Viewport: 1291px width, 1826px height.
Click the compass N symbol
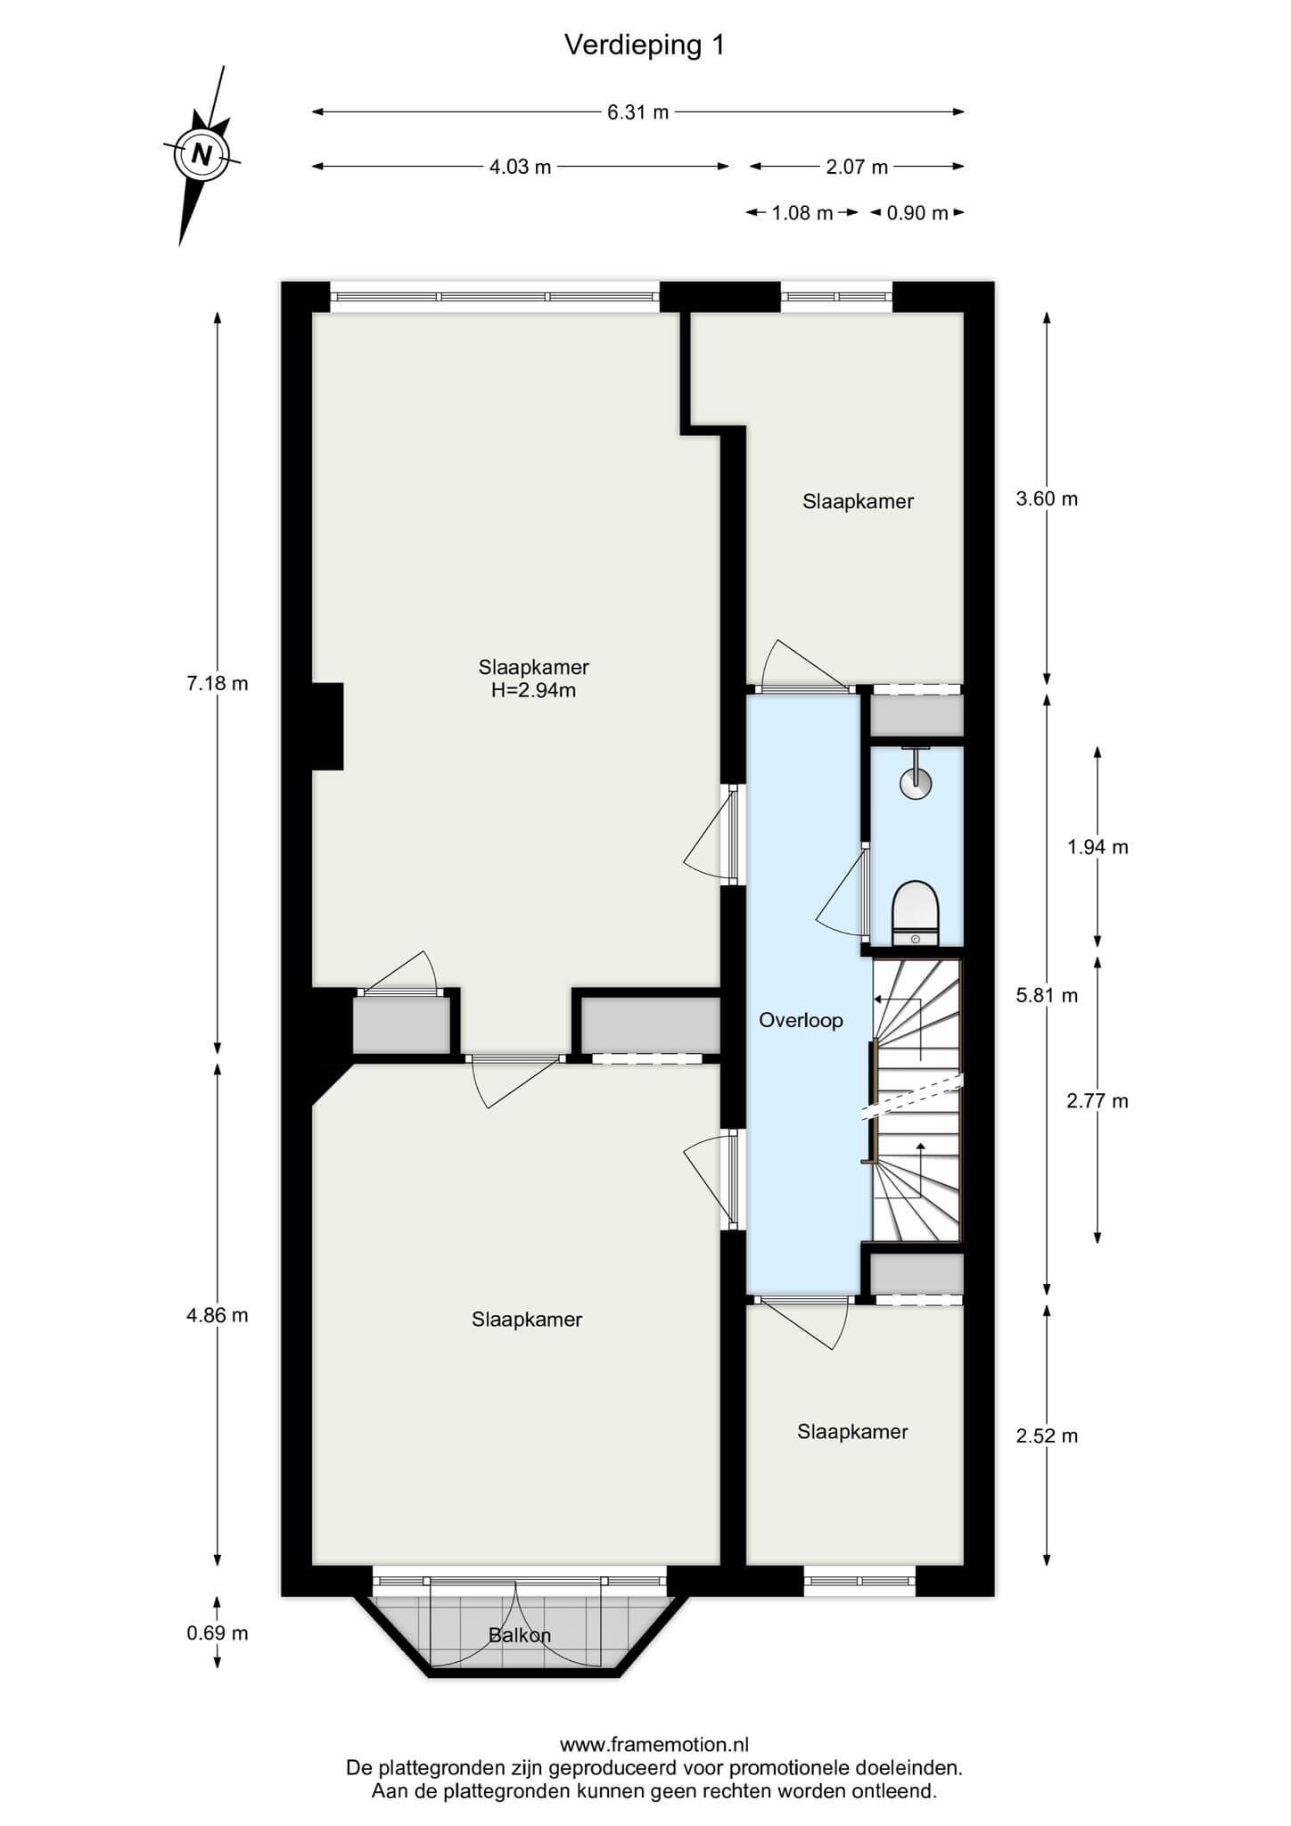202,155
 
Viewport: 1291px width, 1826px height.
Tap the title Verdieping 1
645,45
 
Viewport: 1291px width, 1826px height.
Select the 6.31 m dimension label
637,112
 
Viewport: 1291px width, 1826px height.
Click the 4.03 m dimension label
520,167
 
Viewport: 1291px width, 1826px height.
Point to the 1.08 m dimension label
802,213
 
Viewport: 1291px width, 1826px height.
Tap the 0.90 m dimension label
917,213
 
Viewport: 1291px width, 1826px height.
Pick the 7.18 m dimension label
217,684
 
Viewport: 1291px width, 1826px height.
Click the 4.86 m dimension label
217,1315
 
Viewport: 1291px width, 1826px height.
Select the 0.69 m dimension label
217,1633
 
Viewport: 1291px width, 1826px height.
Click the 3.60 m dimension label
1047,499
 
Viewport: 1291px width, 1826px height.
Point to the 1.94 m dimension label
1098,847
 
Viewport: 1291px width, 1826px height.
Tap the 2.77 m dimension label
1098,1101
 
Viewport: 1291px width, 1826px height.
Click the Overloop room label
801,1020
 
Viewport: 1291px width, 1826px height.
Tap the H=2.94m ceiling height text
534,689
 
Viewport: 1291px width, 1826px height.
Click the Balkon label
520,1635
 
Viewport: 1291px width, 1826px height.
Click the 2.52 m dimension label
1047,1435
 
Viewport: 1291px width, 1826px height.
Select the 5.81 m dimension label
1047,996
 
